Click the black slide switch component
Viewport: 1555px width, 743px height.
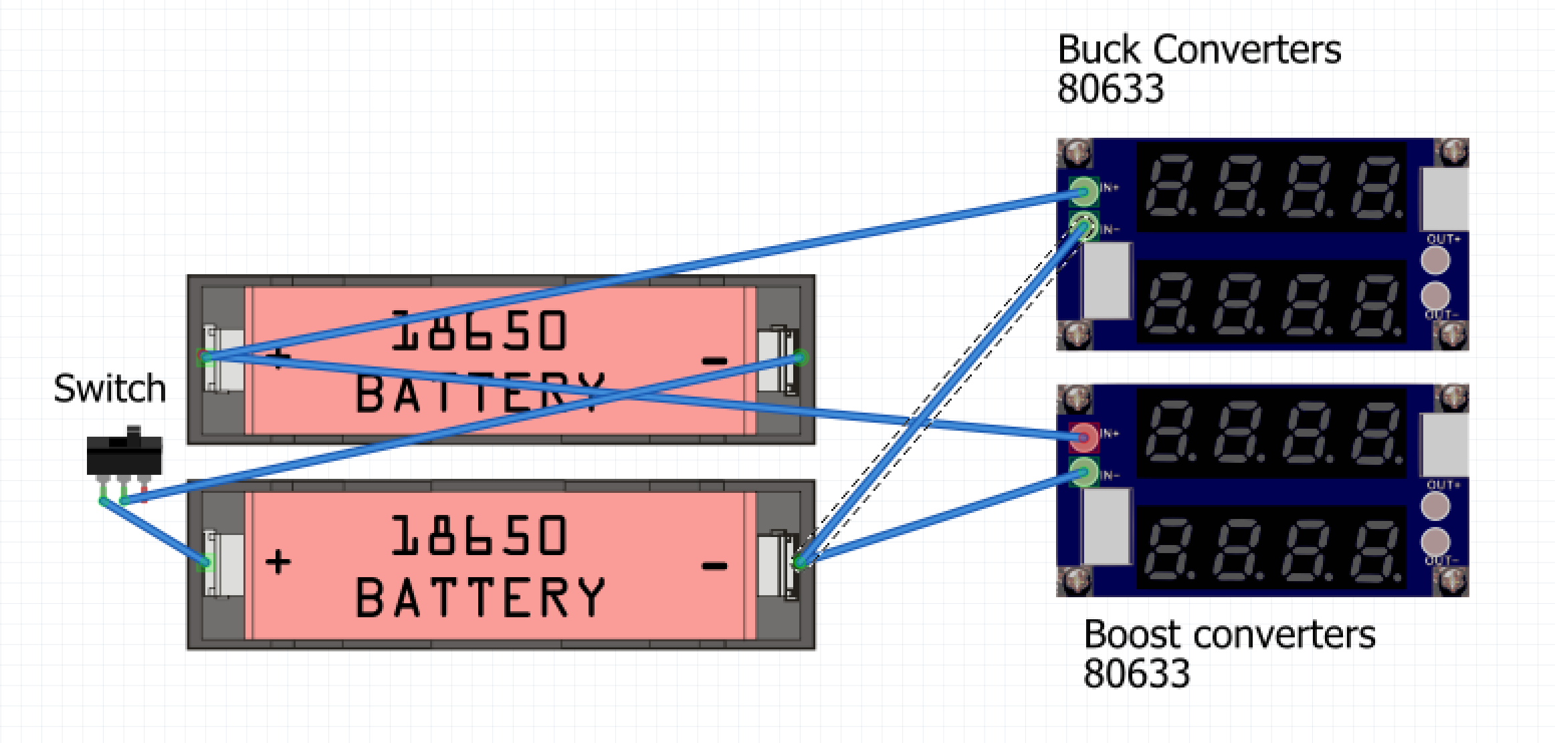[x=124, y=455]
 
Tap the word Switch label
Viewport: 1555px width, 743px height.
[x=110, y=389]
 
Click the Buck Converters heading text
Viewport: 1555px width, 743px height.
[x=1199, y=50]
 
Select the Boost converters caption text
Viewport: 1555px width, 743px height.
[x=1229, y=635]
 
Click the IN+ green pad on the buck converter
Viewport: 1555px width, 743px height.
[x=1083, y=191]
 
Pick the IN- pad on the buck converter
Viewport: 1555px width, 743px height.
[x=1083, y=226]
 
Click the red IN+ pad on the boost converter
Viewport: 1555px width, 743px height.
[x=1083, y=438]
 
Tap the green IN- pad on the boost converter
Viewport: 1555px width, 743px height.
[x=1083, y=473]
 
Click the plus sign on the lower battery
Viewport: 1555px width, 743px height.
[x=278, y=562]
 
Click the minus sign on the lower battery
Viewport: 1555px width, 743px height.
[x=714, y=566]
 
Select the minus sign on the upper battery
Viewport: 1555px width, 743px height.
[x=714, y=361]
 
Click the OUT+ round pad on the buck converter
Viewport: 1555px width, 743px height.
[x=1435, y=260]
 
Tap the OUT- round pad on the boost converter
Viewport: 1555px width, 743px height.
[x=1435, y=542]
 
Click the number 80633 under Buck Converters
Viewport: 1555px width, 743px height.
[x=1110, y=89]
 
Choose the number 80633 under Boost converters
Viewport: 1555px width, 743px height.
[x=1136, y=673]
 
